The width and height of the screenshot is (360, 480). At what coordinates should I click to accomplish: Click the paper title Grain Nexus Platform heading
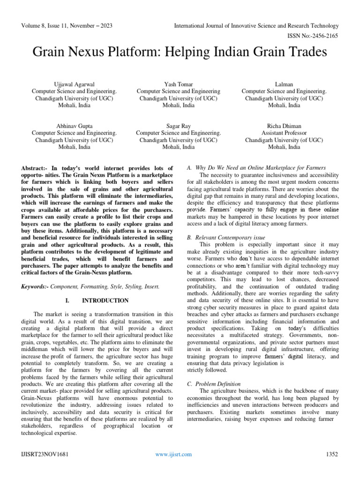point(180,52)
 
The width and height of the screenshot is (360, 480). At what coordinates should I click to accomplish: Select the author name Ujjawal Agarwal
point(74,84)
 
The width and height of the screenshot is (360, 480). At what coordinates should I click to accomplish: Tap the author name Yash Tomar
point(178,84)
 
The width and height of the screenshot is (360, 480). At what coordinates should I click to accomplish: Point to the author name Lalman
point(284,84)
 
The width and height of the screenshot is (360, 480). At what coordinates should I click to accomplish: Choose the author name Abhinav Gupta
point(74,126)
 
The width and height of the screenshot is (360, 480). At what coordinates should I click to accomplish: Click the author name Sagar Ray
point(178,126)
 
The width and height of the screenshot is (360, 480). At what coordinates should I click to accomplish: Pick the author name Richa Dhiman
point(284,126)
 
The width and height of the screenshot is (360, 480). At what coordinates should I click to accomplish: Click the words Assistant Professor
point(284,133)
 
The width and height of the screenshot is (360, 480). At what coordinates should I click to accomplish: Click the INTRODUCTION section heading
point(105,300)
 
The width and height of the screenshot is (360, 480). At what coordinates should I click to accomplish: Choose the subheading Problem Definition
point(217,384)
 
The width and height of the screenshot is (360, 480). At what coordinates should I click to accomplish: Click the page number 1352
point(331,455)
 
